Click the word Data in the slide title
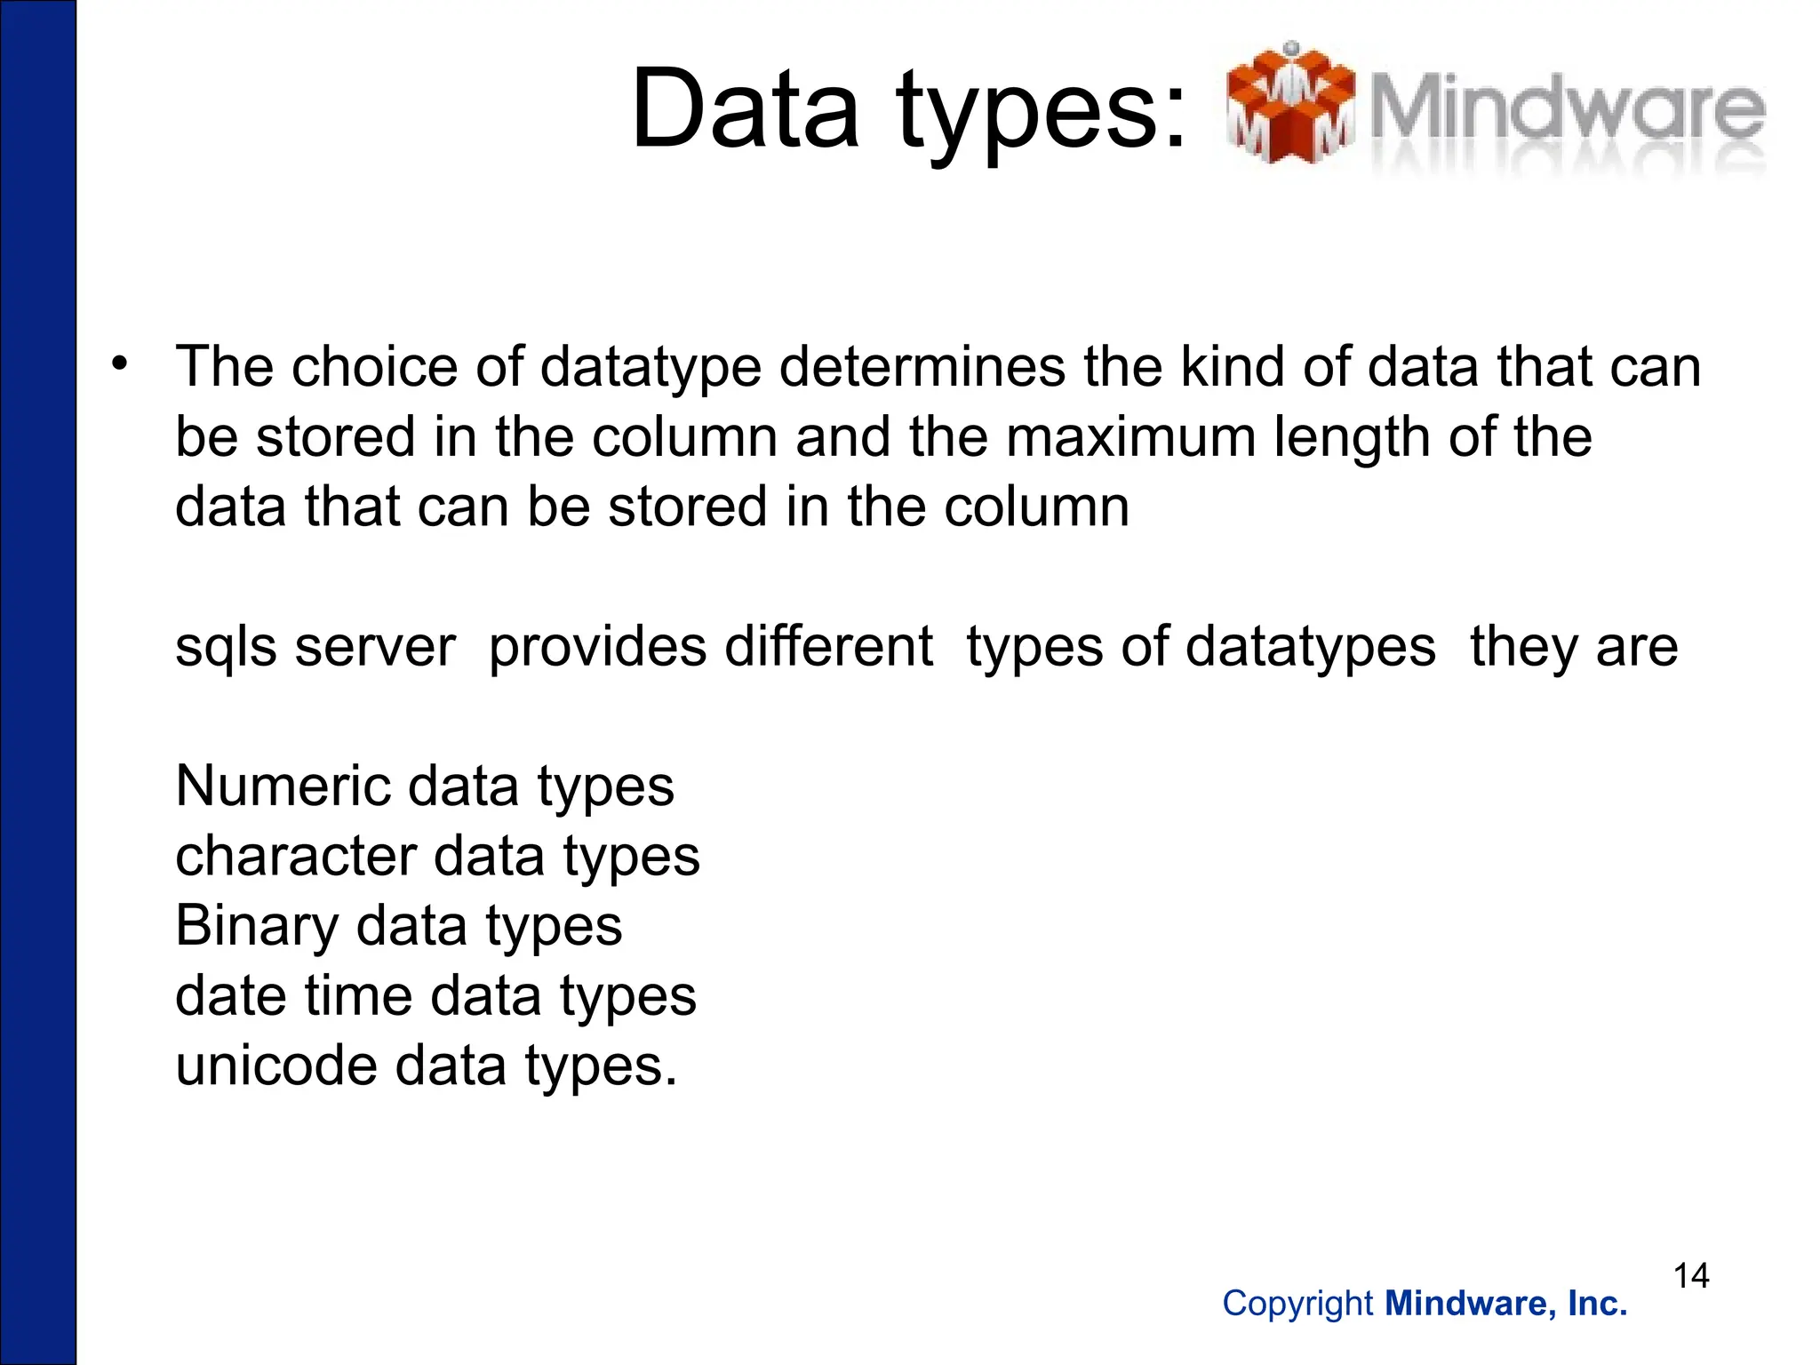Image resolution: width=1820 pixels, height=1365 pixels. pyautogui.click(x=745, y=110)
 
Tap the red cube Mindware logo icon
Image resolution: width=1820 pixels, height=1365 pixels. pyautogui.click(x=1289, y=105)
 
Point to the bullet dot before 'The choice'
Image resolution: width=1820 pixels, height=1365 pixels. pyautogui.click(x=120, y=363)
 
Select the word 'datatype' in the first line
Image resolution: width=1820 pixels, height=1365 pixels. pyautogui.click(x=650, y=367)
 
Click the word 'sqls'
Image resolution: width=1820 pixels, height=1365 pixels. pyautogui.click(x=226, y=647)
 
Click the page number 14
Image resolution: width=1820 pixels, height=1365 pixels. pyautogui.click(x=1691, y=1276)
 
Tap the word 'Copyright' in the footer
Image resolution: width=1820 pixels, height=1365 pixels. pyautogui.click(x=1297, y=1304)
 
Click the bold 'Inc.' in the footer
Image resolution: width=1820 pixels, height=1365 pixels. pyautogui.click(x=1597, y=1304)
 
